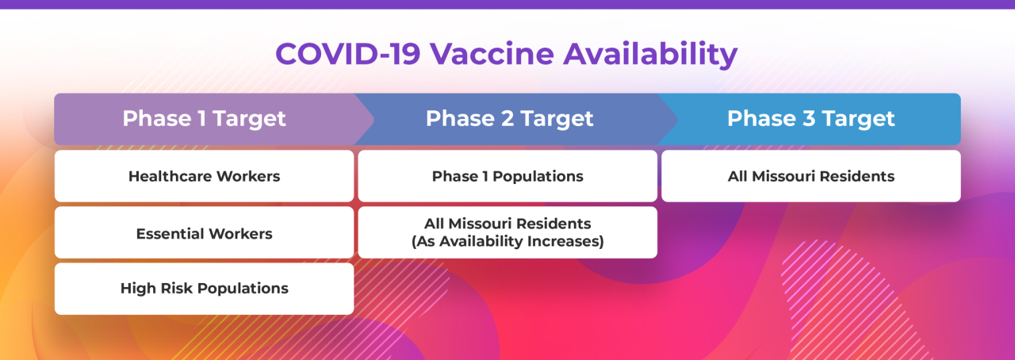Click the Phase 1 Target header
(x=204, y=119)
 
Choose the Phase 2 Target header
(x=509, y=119)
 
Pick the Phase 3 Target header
(x=810, y=119)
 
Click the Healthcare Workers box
(x=204, y=176)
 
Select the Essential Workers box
(x=204, y=233)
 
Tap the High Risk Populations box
(x=204, y=289)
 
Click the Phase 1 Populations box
(x=507, y=176)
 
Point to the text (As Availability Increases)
(x=507, y=241)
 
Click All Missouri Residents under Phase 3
(x=810, y=176)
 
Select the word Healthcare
(x=166, y=176)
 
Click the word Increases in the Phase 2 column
(x=566, y=241)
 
